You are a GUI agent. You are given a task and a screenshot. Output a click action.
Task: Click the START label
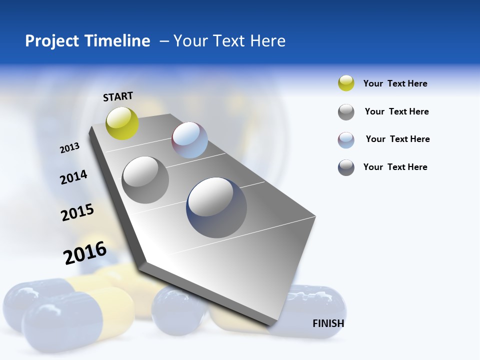pos(118,96)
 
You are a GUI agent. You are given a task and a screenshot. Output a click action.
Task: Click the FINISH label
pos(328,323)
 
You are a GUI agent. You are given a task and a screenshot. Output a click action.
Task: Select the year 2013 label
pos(70,147)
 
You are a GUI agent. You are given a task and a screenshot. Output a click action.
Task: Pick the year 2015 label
pos(77,212)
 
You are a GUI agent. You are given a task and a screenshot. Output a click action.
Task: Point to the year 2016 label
pos(85,252)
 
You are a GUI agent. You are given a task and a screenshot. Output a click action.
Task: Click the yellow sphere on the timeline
pos(122,123)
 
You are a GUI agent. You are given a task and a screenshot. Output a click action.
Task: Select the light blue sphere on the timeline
pos(189,140)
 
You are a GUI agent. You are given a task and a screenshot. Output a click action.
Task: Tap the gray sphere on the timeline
pos(145,179)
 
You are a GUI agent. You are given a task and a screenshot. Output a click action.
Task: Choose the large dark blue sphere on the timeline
pos(216,207)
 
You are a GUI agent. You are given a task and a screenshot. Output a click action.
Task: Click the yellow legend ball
pos(346,83)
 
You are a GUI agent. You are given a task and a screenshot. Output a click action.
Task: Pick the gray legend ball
pos(346,112)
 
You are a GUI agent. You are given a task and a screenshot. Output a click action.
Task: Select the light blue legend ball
pos(346,140)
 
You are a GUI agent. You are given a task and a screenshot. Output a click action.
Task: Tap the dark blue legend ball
pos(346,167)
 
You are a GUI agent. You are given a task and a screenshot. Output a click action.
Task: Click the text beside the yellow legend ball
pos(395,83)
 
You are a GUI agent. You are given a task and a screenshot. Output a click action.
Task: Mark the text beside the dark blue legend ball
pos(395,167)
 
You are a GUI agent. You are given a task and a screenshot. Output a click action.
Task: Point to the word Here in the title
pos(267,41)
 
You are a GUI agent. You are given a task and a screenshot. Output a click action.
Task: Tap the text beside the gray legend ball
pos(396,111)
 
